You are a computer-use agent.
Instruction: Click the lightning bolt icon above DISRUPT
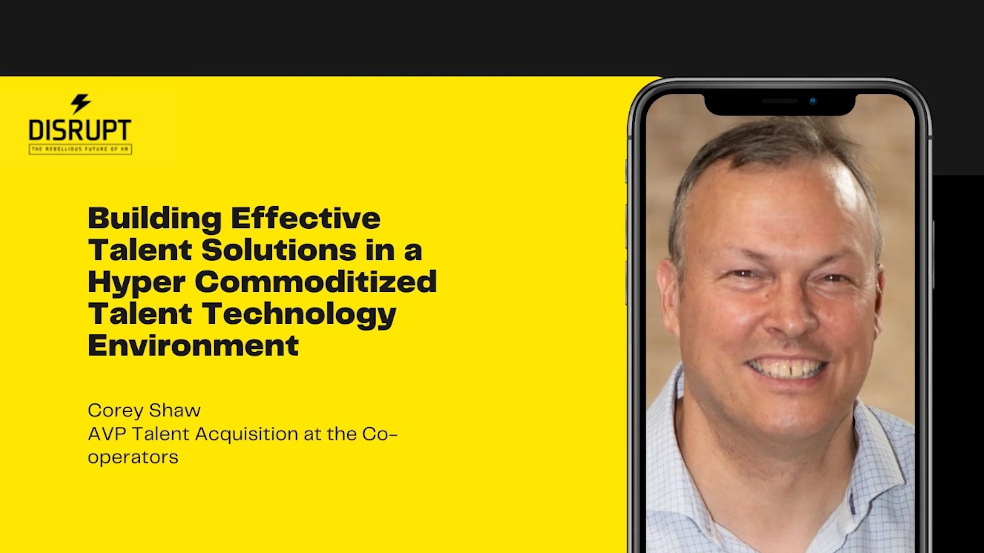point(80,103)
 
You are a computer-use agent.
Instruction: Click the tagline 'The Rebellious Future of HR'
point(80,149)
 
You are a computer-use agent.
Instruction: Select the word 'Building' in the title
point(154,219)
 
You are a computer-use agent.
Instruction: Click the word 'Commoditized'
point(315,282)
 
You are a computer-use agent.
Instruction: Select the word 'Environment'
point(193,345)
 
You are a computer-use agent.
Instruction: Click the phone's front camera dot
point(813,101)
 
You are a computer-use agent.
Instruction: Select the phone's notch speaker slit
point(780,101)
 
